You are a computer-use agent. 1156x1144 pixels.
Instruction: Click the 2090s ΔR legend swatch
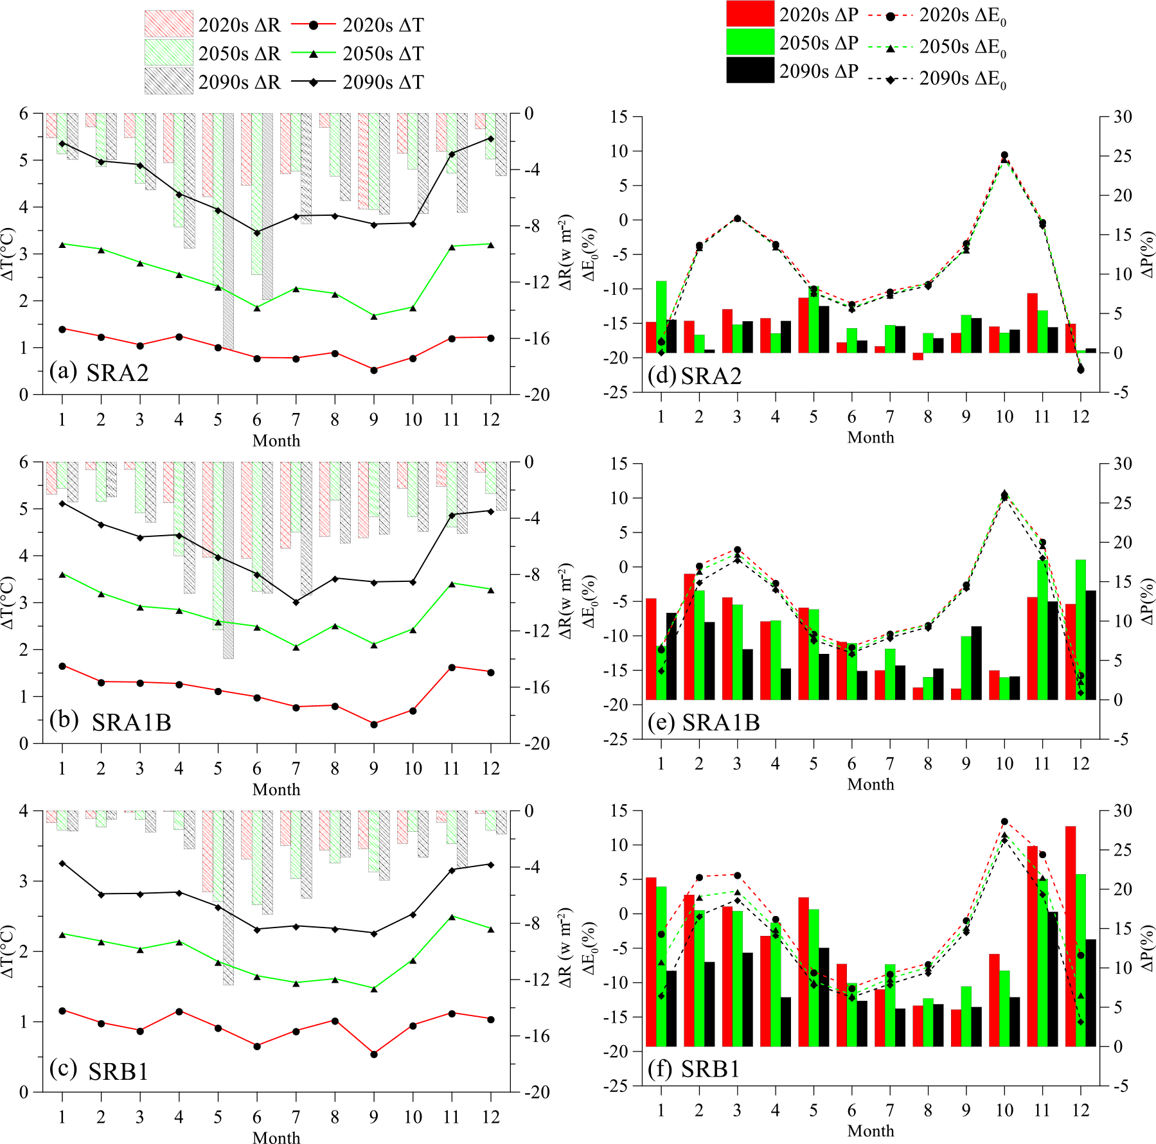pos(168,82)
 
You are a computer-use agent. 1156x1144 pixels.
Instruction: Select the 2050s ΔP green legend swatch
pos(750,42)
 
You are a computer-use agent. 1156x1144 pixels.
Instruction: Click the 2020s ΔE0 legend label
pos(962,16)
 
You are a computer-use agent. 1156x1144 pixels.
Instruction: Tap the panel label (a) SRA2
pos(99,372)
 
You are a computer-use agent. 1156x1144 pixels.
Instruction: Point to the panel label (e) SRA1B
pos(704,723)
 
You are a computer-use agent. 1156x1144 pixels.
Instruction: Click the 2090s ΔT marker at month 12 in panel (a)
pos(491,139)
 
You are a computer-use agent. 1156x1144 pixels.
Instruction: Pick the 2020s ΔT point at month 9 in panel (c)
pos(374,1054)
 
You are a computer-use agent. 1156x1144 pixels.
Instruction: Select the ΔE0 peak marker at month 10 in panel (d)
pos(1004,155)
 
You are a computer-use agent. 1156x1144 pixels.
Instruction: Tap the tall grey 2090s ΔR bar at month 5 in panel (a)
pos(228,231)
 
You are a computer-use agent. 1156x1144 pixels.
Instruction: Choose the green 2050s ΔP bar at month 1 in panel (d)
pos(661,317)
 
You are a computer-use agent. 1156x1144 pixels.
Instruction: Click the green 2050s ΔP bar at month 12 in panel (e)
pos(1081,629)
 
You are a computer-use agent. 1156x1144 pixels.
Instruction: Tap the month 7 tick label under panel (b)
pos(296,768)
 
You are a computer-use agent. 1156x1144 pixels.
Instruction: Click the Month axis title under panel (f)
pos(871,1131)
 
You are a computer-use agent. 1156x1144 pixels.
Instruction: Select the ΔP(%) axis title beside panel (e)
pos(1148,601)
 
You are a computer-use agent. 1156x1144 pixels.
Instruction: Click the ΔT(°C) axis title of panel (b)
pos(8,603)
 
